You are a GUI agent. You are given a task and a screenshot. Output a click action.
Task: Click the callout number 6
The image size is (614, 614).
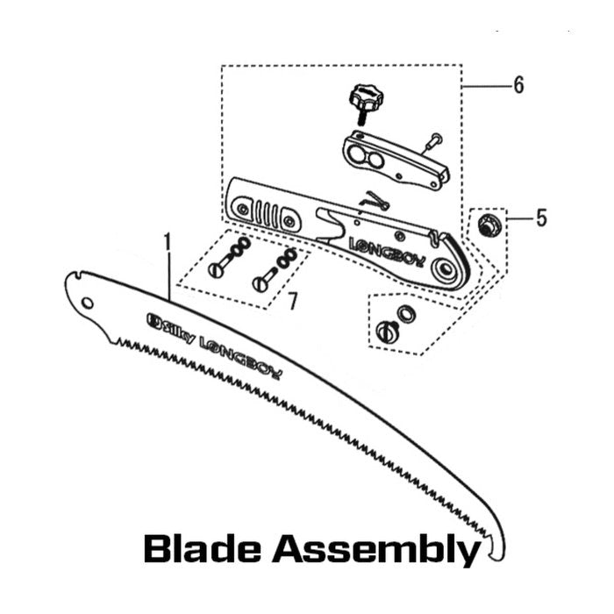(519, 85)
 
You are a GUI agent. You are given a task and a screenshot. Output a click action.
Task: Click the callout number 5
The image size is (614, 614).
(541, 218)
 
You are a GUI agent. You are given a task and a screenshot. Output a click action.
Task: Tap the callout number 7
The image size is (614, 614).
(292, 301)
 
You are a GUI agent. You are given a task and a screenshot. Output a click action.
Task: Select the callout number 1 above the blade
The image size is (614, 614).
(168, 241)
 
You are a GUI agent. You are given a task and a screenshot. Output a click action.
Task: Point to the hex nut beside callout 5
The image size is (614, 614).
(487, 225)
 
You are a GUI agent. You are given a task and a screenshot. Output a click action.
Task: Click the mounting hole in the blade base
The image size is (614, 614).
(88, 303)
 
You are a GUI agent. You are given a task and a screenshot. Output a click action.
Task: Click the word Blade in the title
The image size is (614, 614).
(202, 549)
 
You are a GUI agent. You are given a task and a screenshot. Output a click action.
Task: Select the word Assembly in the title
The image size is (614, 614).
(376, 551)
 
